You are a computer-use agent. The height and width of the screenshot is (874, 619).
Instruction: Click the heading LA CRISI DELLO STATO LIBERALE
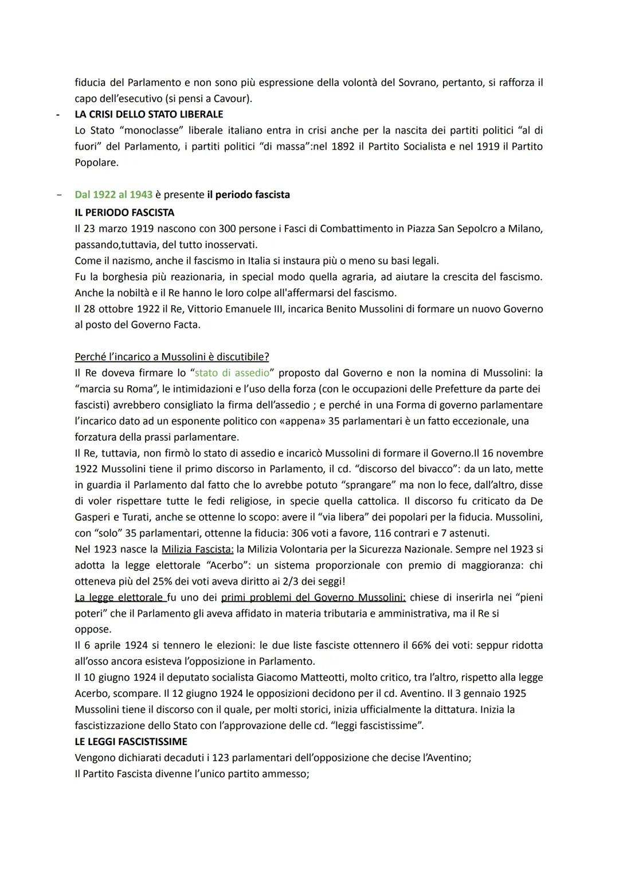pos(149,114)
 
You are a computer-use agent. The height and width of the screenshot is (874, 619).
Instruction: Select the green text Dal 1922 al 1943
pos(113,195)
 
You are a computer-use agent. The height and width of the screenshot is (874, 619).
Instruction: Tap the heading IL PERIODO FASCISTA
pos(124,213)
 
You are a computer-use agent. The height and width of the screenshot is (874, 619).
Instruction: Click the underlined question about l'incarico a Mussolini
pos(171,357)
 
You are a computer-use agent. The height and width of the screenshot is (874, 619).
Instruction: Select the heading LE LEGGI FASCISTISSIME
pos(131,742)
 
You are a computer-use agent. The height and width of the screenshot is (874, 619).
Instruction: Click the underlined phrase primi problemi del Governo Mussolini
pos(313,598)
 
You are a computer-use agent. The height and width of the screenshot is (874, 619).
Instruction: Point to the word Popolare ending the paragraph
pos(96,163)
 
